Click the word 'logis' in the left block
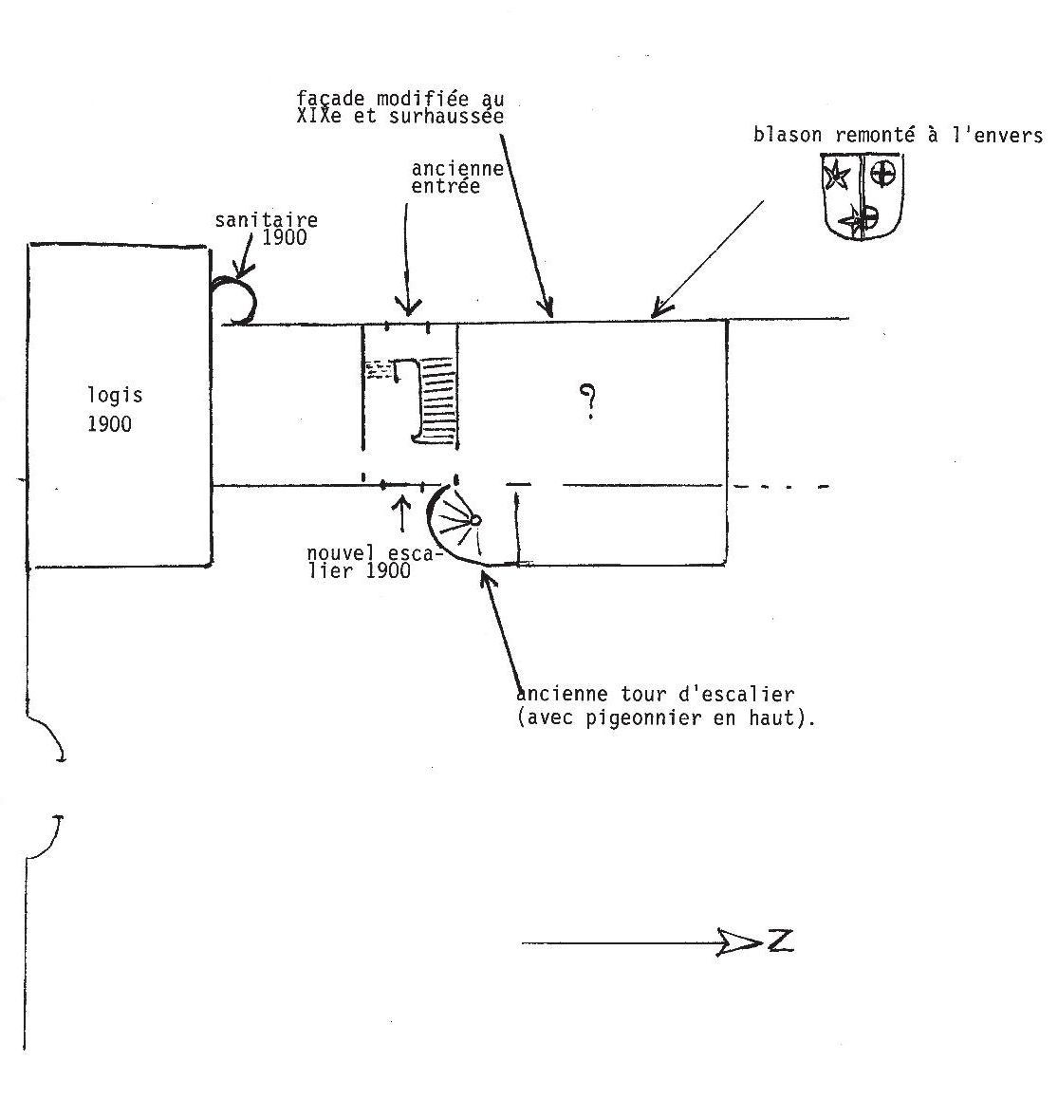click(115, 397)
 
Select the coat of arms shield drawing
click(862, 197)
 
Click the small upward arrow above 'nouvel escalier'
click(402, 512)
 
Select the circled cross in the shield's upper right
click(883, 174)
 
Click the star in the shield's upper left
click(838, 176)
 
